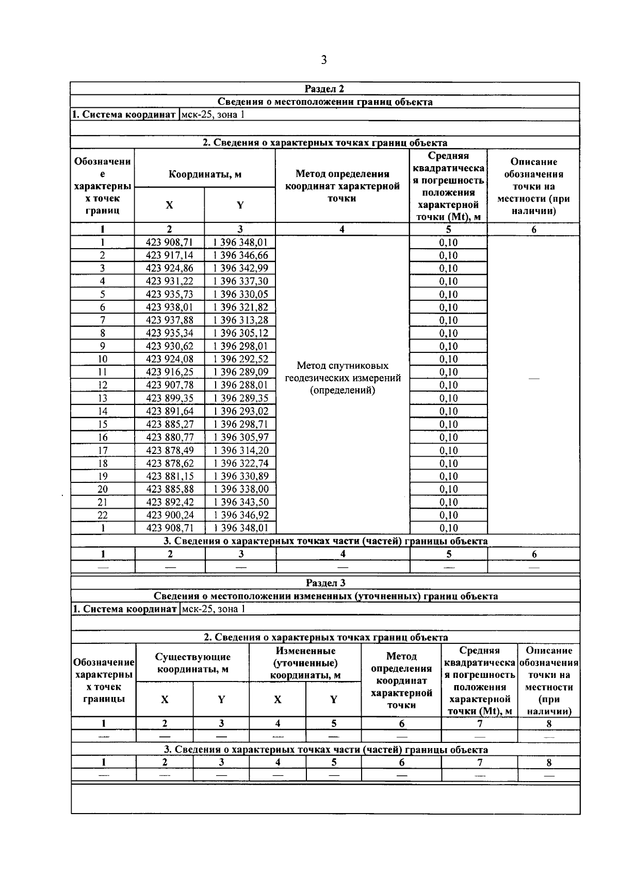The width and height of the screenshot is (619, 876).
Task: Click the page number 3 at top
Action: [x=323, y=60]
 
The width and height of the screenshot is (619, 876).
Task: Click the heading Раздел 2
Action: [x=324, y=89]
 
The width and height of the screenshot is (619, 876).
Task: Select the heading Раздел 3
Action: [x=325, y=583]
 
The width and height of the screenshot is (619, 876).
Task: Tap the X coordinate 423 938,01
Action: [x=170, y=307]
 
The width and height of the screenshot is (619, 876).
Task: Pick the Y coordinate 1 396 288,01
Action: [x=240, y=385]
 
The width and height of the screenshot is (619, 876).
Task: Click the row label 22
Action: [x=103, y=515]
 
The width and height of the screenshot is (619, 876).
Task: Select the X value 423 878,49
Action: [x=170, y=450]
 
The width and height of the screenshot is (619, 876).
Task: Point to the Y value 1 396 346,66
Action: [x=240, y=255]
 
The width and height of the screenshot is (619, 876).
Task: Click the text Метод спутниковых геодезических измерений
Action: [x=343, y=378]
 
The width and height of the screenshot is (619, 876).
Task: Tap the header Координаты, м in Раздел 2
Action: [x=205, y=174]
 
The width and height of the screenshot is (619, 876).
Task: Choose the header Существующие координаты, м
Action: [x=193, y=663]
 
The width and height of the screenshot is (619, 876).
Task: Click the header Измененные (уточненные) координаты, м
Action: [x=305, y=663]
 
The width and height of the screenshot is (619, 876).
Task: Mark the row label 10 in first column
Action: [x=103, y=359]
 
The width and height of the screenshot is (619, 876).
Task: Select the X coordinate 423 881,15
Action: [x=170, y=476]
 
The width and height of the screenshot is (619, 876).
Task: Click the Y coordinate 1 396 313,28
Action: [x=240, y=320]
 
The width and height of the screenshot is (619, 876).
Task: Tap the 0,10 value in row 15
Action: [x=448, y=425]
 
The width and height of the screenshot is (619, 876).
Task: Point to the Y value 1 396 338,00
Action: [x=240, y=489]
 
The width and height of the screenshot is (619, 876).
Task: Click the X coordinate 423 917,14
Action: [x=170, y=255]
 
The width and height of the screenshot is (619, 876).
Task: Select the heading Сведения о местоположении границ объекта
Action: [x=325, y=102]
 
